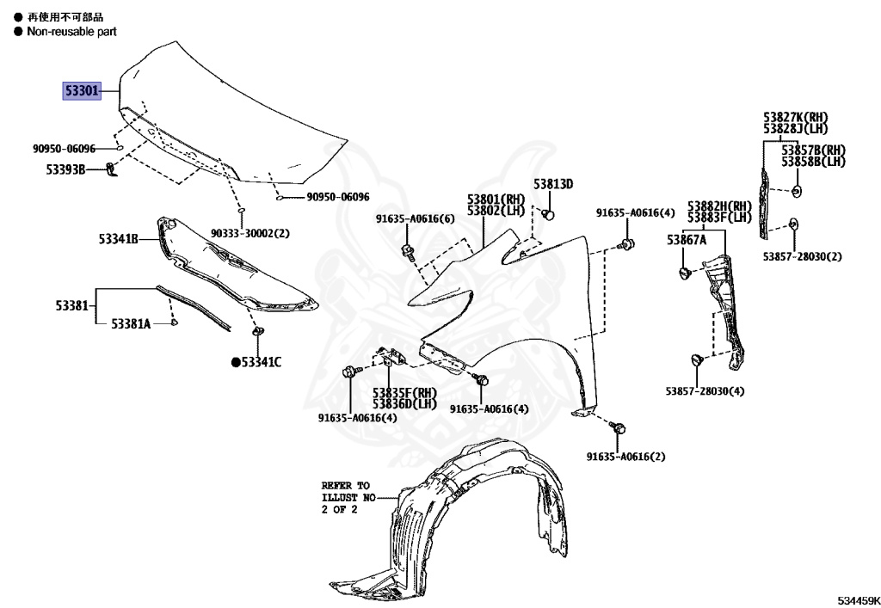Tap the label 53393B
66,169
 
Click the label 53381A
130,323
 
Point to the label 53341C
261,362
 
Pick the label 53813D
552,184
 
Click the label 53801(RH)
496,199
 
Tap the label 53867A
686,240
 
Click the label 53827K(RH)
795,118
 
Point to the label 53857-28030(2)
802,256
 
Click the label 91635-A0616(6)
415,218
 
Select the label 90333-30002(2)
250,233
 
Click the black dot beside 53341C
235,362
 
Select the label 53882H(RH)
719,206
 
